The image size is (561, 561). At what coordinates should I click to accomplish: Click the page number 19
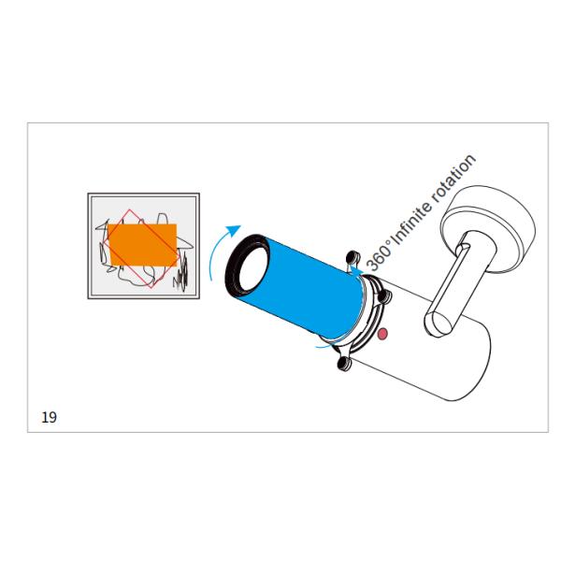(x=49, y=417)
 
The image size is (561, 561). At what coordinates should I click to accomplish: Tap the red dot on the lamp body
(x=382, y=334)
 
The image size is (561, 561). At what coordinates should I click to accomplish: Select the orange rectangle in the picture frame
(x=142, y=245)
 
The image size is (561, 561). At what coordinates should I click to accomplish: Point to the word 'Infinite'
(x=410, y=224)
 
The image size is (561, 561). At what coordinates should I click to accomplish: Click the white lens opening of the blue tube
(x=252, y=266)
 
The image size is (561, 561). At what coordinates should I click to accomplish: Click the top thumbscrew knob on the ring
(x=352, y=256)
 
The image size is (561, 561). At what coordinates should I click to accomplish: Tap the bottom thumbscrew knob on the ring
(x=344, y=364)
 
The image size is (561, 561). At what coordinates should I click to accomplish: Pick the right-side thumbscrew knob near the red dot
(x=385, y=295)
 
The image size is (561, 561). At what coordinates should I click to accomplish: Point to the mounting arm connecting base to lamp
(x=453, y=282)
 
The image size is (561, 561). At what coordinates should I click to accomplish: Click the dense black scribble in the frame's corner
(x=181, y=274)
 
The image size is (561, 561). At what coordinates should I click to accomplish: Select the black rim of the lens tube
(x=247, y=264)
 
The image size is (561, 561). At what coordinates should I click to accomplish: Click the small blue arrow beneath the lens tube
(x=325, y=345)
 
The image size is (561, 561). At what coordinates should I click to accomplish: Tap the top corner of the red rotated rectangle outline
(x=129, y=210)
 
